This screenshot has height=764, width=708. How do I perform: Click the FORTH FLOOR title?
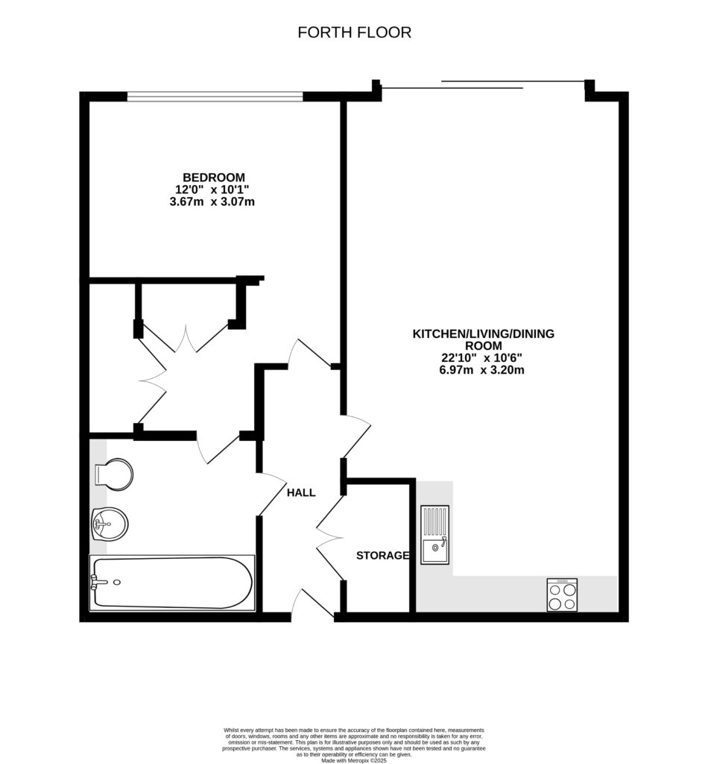click(354, 32)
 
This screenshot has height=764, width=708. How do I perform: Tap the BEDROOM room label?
click(214, 177)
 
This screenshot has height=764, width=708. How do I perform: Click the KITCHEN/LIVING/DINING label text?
click(484, 334)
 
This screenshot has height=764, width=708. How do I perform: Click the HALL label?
click(301, 492)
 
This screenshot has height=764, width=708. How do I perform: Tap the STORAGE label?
click(382, 555)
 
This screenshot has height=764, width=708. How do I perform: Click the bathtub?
click(171, 583)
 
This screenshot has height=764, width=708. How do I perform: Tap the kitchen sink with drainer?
click(435, 534)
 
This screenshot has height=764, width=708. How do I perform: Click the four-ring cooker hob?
click(562, 595)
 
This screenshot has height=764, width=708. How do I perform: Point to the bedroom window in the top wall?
click(215, 95)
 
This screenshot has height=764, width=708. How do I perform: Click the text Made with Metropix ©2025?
click(354, 760)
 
